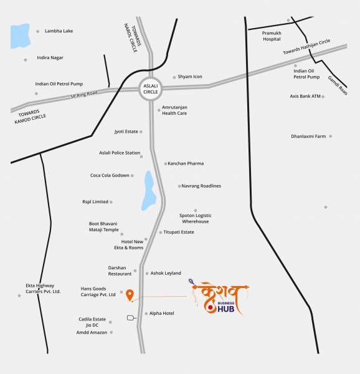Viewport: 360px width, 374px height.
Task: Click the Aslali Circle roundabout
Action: coord(149,89)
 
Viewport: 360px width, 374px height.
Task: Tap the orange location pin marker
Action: coord(130,295)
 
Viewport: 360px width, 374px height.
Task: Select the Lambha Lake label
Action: coord(59,31)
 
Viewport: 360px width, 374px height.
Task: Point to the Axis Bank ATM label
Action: coord(305,97)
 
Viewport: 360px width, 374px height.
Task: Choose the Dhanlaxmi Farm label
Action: coord(308,136)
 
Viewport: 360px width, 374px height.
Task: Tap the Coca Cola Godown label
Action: coord(110,176)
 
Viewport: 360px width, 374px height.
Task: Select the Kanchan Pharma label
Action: coord(186,163)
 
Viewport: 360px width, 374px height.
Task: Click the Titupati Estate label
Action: coord(179,232)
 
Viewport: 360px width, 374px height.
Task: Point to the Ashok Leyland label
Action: coord(166,273)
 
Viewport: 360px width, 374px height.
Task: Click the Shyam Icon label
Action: coord(190,77)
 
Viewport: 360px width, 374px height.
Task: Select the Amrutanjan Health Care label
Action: coord(174,110)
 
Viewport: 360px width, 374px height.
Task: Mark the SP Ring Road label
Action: coord(84,93)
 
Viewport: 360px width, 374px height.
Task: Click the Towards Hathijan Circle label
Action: coord(315,47)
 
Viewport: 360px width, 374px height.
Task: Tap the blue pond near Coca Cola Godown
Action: coord(149,191)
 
